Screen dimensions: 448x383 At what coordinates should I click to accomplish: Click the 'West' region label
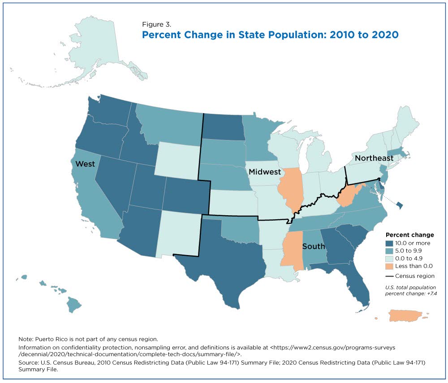pos(85,164)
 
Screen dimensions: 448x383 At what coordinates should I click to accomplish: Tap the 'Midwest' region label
pos(265,172)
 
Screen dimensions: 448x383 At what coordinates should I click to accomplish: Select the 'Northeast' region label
pos(374,158)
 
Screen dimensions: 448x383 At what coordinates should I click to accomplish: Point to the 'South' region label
pos(314,246)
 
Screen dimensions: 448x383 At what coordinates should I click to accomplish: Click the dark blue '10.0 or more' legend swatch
pos(389,243)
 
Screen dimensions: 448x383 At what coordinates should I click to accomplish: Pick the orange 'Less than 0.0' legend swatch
pos(389,266)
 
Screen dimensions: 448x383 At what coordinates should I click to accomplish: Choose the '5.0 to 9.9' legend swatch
pos(389,251)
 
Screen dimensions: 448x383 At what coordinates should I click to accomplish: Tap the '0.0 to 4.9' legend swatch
pos(389,259)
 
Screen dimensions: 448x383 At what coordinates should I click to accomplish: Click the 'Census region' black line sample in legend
pos(389,276)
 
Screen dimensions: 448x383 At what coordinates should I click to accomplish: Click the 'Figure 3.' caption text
pos(156,25)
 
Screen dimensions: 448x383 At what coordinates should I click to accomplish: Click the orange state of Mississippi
pos(293,251)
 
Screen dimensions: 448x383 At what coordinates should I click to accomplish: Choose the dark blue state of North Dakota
pos(224,127)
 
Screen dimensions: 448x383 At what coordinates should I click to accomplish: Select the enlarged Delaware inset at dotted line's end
pos(400,204)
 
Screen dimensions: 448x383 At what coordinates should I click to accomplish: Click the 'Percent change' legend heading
pos(410,235)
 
